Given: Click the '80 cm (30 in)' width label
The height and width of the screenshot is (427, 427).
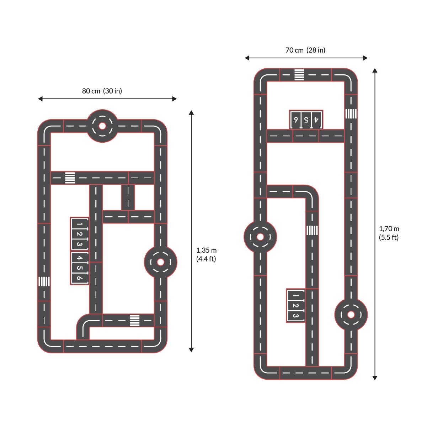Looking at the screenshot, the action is pos(102,91).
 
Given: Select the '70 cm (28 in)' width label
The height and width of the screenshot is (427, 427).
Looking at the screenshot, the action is pos(305,50).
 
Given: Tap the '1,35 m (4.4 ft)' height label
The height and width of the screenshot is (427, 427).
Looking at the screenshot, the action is pos(206,254).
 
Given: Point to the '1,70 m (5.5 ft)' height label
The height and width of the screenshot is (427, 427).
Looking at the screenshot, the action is pos(389,233).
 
